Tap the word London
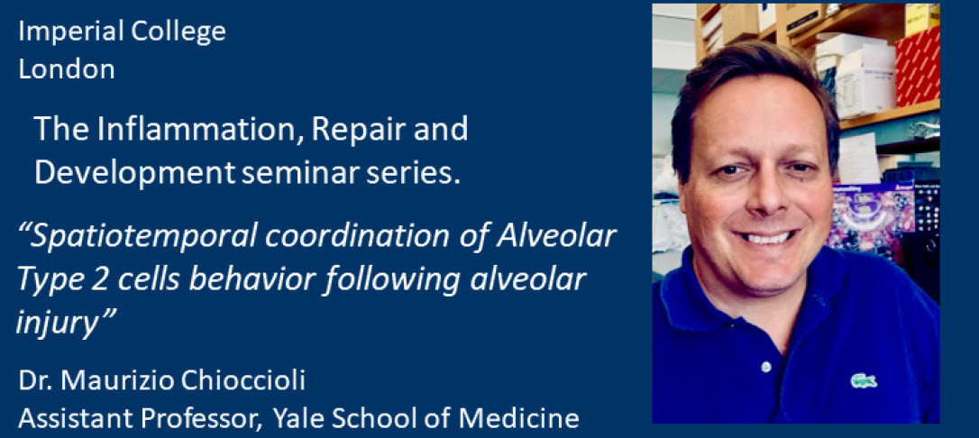tap(67, 69)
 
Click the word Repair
tap(354, 131)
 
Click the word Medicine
tap(522, 419)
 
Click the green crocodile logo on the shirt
tap(864, 379)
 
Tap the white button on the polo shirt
tap(766, 366)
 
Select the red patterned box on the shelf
tap(917, 67)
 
